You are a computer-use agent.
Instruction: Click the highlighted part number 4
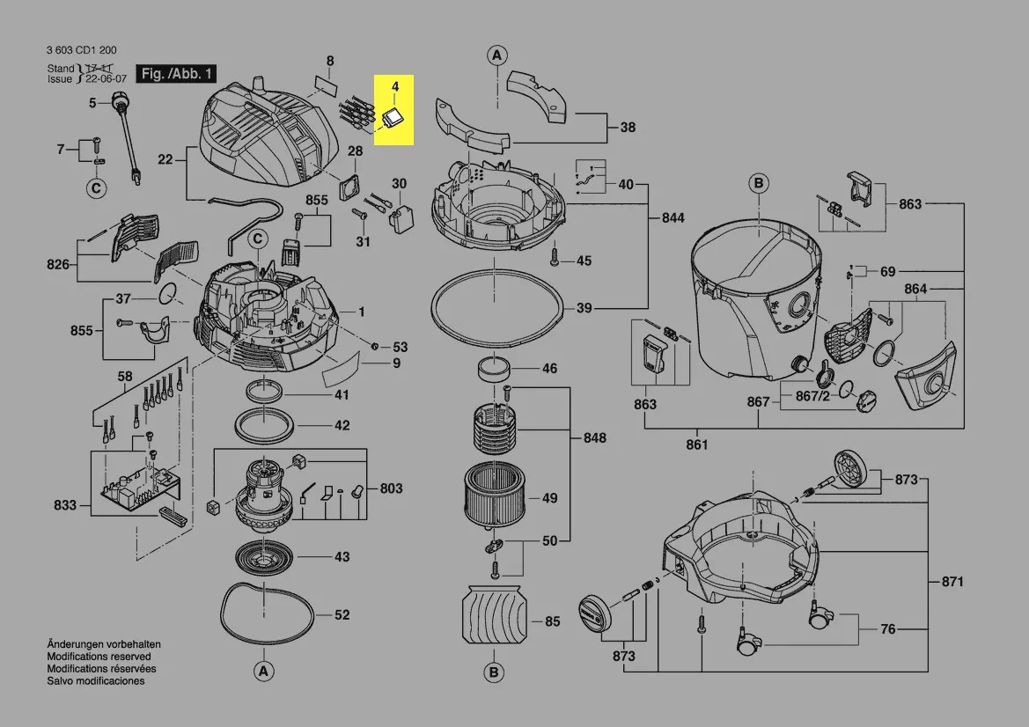coord(395,86)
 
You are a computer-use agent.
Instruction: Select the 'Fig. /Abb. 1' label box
coord(176,74)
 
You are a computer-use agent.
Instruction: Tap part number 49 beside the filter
coord(549,498)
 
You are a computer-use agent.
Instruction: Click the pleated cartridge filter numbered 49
coord(494,496)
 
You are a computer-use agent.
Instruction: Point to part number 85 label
coord(552,622)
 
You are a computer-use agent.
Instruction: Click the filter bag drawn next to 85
coord(494,613)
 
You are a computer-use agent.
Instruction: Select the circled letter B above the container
coord(758,183)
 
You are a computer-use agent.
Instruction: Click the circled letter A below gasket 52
coord(261,672)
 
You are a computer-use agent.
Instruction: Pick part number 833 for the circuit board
coord(65,506)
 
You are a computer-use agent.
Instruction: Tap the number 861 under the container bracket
coord(696,444)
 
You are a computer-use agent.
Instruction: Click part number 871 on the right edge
coord(952,582)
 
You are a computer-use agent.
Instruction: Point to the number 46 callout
coord(549,369)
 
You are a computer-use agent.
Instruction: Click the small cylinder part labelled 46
coord(495,370)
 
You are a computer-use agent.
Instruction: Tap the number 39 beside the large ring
coord(584,309)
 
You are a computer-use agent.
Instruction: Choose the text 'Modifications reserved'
coord(99,657)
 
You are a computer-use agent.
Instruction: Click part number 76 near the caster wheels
coord(888,629)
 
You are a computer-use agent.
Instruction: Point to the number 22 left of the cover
coord(165,159)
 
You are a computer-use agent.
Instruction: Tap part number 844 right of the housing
coord(673,217)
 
